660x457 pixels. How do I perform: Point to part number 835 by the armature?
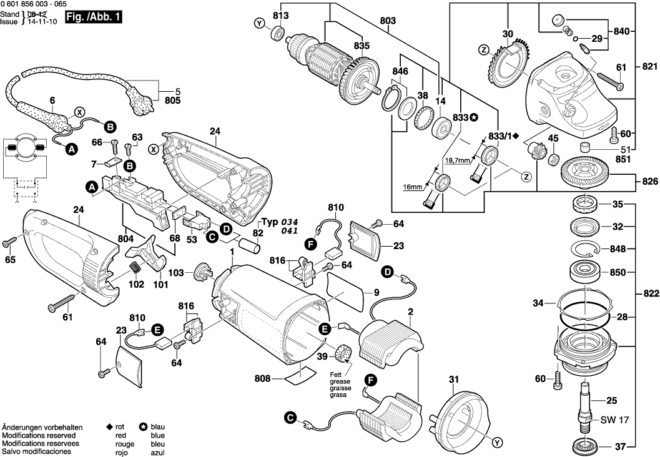(362, 46)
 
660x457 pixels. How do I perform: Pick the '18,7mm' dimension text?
(457, 160)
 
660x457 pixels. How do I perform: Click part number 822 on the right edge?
(649, 294)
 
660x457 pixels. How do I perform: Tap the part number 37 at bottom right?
(620, 446)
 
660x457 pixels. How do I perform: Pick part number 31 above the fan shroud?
(453, 378)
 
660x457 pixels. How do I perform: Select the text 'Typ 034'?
(278, 222)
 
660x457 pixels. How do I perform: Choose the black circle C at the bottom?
(289, 418)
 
